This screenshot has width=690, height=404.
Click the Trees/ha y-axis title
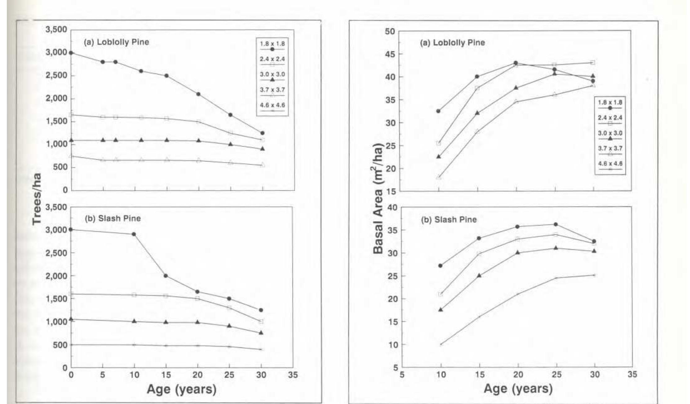point(37,199)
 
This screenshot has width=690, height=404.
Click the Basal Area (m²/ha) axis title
point(378,199)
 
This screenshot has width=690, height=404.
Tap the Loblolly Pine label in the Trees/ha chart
point(116,42)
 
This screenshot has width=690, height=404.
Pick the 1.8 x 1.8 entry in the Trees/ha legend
point(272,46)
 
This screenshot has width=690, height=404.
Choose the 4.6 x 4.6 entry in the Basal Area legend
point(610,166)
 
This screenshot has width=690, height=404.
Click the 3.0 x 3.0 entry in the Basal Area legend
point(610,135)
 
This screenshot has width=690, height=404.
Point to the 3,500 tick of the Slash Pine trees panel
point(56,207)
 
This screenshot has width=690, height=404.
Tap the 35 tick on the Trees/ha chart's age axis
point(292,375)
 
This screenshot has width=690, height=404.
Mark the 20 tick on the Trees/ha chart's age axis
point(197,375)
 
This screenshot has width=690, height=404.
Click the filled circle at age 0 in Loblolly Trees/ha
point(71,53)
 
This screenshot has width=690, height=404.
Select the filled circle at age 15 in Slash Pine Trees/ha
point(166,276)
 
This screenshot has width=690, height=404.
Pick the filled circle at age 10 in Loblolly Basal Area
point(438,111)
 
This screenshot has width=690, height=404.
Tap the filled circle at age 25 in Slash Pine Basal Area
point(556,224)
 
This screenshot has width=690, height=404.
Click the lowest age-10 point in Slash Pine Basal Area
point(441,344)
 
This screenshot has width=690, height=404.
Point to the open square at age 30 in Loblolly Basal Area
point(593,63)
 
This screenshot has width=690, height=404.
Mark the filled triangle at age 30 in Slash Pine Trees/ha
point(261,333)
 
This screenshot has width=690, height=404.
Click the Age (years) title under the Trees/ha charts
point(181,389)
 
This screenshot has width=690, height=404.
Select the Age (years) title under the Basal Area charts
point(518,388)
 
